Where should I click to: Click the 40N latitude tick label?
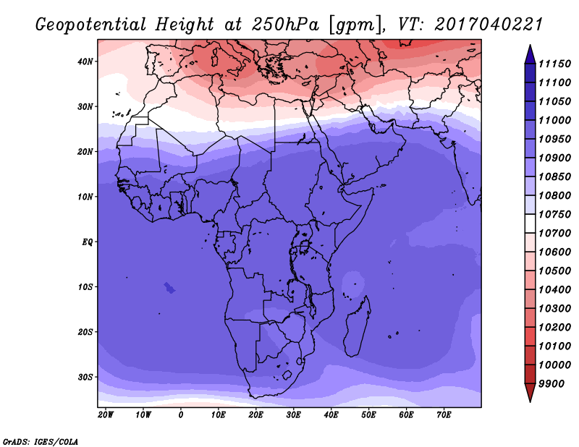point(85,61)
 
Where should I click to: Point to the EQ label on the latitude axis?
point(87,242)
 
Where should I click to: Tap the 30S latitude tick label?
point(85,378)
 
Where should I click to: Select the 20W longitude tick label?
point(106,415)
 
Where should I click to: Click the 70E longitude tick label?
point(444,415)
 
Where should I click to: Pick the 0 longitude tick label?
point(180,415)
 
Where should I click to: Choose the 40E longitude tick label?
point(331,415)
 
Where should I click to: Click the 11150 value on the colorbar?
point(554,64)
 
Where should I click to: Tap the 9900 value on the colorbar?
point(551,384)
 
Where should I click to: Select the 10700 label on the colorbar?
point(554,234)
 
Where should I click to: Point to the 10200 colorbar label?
point(554,328)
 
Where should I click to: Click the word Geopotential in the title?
point(91,25)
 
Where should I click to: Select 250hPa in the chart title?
point(285,25)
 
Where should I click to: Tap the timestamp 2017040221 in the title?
point(489,25)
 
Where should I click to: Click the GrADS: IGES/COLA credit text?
point(41,442)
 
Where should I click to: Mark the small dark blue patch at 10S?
point(169,288)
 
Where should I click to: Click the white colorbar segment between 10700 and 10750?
point(530,223)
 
